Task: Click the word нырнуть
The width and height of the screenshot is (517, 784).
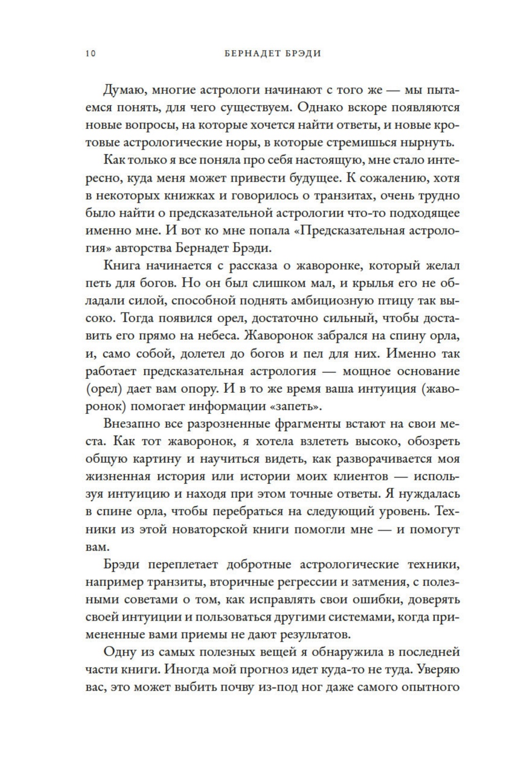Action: coord(429,143)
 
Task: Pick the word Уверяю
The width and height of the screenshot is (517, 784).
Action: coord(438,670)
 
